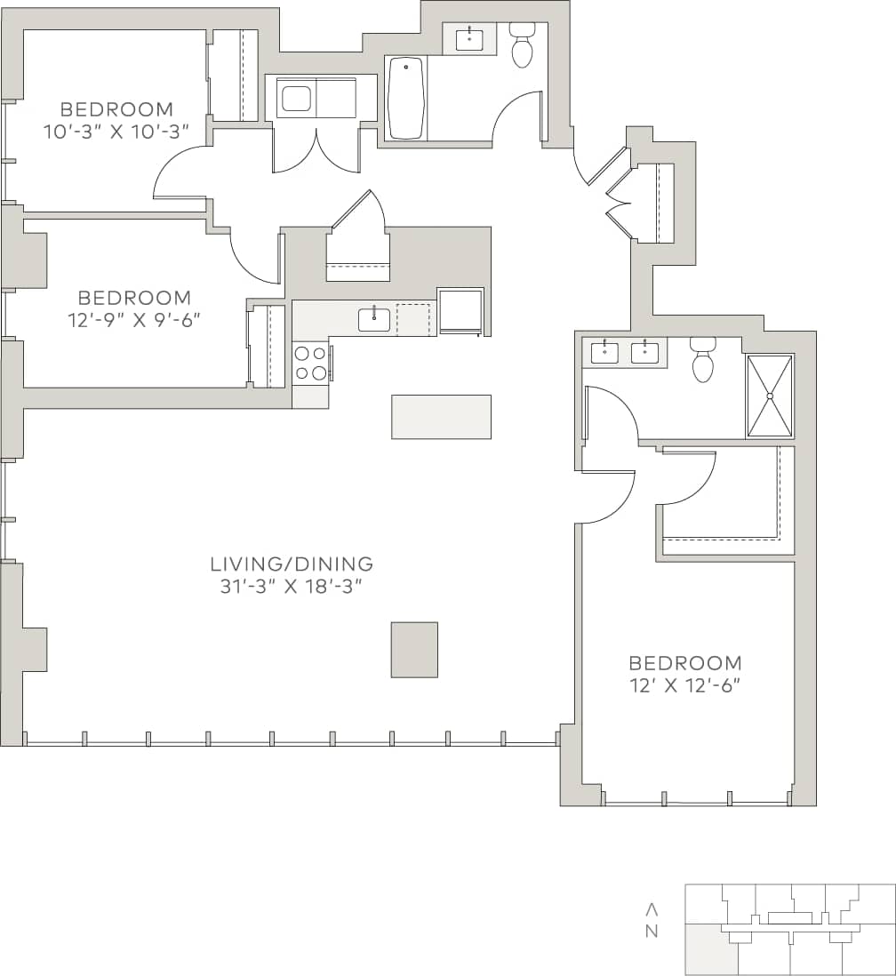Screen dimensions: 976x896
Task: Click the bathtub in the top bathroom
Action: [406, 98]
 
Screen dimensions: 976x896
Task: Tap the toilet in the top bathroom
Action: [522, 47]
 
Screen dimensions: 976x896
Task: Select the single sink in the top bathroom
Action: [469, 39]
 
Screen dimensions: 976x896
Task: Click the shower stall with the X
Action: [769, 396]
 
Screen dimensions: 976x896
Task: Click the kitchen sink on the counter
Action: [374, 318]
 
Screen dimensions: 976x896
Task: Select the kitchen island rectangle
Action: [441, 417]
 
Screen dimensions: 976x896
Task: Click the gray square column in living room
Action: [414, 650]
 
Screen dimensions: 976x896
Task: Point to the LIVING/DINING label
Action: [292, 564]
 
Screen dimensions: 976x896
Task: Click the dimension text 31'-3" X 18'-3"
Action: [292, 587]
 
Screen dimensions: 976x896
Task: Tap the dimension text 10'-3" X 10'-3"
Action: [116, 132]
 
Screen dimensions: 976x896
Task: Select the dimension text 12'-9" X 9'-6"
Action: [133, 320]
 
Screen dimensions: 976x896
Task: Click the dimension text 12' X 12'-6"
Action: [684, 685]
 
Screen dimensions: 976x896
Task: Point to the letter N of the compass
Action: [652, 932]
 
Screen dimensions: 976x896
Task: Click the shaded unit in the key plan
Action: [711, 949]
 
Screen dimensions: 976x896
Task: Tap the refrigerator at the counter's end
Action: [460, 310]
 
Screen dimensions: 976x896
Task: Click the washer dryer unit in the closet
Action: [316, 98]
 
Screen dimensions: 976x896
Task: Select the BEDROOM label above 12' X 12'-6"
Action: [684, 662]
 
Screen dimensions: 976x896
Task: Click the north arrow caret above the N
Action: [652, 909]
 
